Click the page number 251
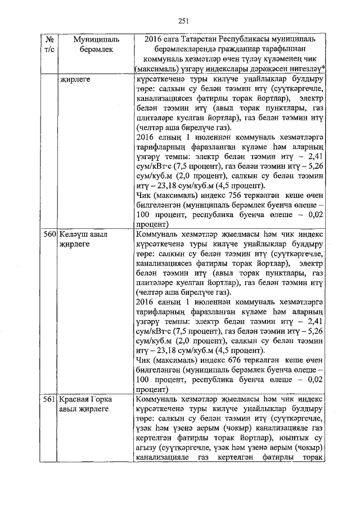tap(182, 21)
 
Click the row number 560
tap(50, 233)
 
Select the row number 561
tap(50, 399)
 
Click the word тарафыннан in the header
tap(294, 49)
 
